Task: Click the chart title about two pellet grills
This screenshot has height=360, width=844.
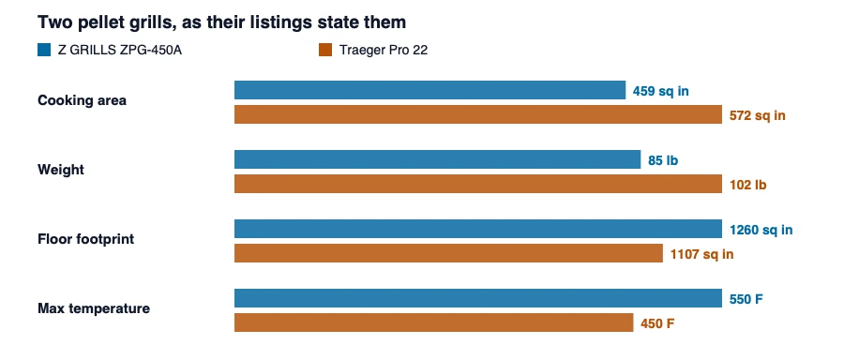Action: [221, 22]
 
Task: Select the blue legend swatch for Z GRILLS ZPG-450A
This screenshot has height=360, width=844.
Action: [44, 50]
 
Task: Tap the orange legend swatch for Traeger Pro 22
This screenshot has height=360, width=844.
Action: [325, 50]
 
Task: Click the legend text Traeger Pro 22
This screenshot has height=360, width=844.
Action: [384, 51]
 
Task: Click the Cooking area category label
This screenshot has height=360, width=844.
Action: [82, 100]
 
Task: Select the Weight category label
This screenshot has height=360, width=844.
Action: [61, 170]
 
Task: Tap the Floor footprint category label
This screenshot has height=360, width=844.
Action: [85, 239]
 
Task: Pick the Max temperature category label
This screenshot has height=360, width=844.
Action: [94, 308]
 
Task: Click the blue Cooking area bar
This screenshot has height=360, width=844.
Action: [430, 90]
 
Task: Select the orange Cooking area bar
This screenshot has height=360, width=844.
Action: [478, 114]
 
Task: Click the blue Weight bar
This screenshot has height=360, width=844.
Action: [437, 159]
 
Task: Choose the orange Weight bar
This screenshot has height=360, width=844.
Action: [478, 184]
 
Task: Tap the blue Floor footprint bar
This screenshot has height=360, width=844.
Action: [478, 229]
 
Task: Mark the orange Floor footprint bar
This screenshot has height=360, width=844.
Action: [448, 253]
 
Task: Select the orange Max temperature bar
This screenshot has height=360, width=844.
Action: [433, 322]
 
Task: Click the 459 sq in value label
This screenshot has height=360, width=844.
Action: [660, 91]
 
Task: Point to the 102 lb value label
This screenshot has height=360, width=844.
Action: [747, 185]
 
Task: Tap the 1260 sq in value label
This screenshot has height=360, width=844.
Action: [761, 230]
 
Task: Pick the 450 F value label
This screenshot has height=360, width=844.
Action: [657, 324]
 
